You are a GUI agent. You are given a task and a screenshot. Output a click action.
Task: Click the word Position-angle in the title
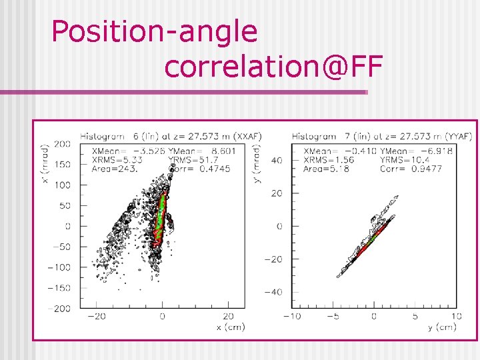[x=154, y=32]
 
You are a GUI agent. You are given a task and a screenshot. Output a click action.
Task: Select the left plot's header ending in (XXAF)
[x=171, y=136]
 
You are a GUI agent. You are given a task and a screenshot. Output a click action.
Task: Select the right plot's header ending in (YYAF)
[x=381, y=136]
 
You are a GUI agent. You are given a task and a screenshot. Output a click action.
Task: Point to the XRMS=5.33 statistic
[x=117, y=160]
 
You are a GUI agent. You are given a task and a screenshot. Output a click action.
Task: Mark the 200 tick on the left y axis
[x=63, y=144]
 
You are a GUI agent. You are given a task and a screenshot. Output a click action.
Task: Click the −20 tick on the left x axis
[x=97, y=317]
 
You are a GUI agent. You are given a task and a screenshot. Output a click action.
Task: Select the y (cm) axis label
[x=441, y=327]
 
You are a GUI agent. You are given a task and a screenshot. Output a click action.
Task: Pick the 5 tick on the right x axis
[x=415, y=317]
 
